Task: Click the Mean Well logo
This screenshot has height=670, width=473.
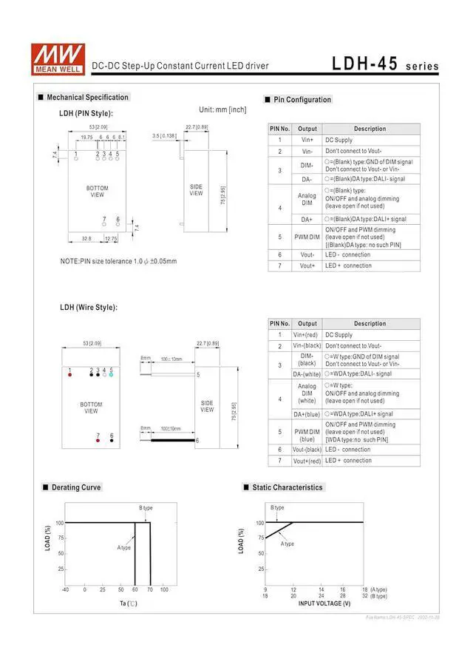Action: tap(57, 57)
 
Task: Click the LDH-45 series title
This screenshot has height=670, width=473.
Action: tap(384, 64)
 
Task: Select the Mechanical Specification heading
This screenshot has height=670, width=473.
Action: tap(87, 98)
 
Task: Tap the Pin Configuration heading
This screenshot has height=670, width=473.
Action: tap(302, 100)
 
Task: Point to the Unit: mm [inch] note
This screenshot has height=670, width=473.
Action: tap(222, 109)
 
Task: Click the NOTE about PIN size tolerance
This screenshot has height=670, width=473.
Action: tap(118, 261)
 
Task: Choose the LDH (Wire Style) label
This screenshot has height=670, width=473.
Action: tap(88, 308)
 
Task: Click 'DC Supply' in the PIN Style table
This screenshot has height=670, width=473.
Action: tap(338, 140)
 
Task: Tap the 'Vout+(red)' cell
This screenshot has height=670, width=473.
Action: tap(307, 461)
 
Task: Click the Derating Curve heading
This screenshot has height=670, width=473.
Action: tap(76, 487)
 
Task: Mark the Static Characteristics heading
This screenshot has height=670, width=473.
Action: tap(287, 487)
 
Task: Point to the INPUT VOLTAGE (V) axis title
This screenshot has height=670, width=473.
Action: tap(324, 603)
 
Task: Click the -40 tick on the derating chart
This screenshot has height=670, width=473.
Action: tap(65, 589)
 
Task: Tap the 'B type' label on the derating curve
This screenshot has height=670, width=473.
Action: tap(146, 508)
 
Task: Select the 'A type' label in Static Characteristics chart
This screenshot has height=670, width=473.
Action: tap(287, 544)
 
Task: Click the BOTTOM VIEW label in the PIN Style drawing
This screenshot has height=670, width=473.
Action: tap(97, 192)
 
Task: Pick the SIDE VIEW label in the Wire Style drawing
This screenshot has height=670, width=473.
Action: tap(207, 406)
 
